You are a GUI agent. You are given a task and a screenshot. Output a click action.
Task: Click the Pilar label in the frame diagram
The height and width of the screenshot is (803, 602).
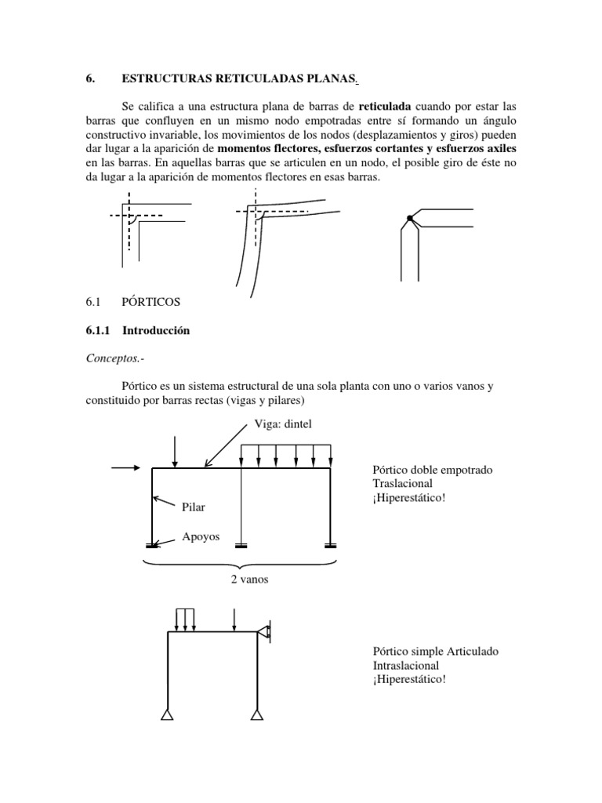(194, 507)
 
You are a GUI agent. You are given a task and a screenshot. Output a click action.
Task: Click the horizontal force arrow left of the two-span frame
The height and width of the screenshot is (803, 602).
(129, 468)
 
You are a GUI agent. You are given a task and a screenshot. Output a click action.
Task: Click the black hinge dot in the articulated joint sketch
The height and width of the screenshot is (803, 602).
(409, 218)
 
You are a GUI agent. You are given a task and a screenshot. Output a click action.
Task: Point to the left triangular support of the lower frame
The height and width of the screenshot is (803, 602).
(167, 714)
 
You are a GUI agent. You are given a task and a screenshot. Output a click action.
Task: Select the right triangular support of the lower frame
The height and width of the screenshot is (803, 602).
(258, 714)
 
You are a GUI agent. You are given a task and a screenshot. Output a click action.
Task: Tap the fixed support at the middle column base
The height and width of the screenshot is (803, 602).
(241, 546)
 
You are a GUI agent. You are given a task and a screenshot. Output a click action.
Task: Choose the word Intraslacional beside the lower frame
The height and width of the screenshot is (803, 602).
(408, 665)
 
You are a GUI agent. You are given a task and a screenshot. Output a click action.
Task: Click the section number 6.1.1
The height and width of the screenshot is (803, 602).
(99, 330)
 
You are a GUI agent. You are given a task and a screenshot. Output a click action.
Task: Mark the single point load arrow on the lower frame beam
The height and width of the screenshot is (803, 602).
(234, 618)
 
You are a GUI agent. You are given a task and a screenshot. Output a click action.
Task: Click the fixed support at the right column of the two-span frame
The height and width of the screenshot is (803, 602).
(330, 546)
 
